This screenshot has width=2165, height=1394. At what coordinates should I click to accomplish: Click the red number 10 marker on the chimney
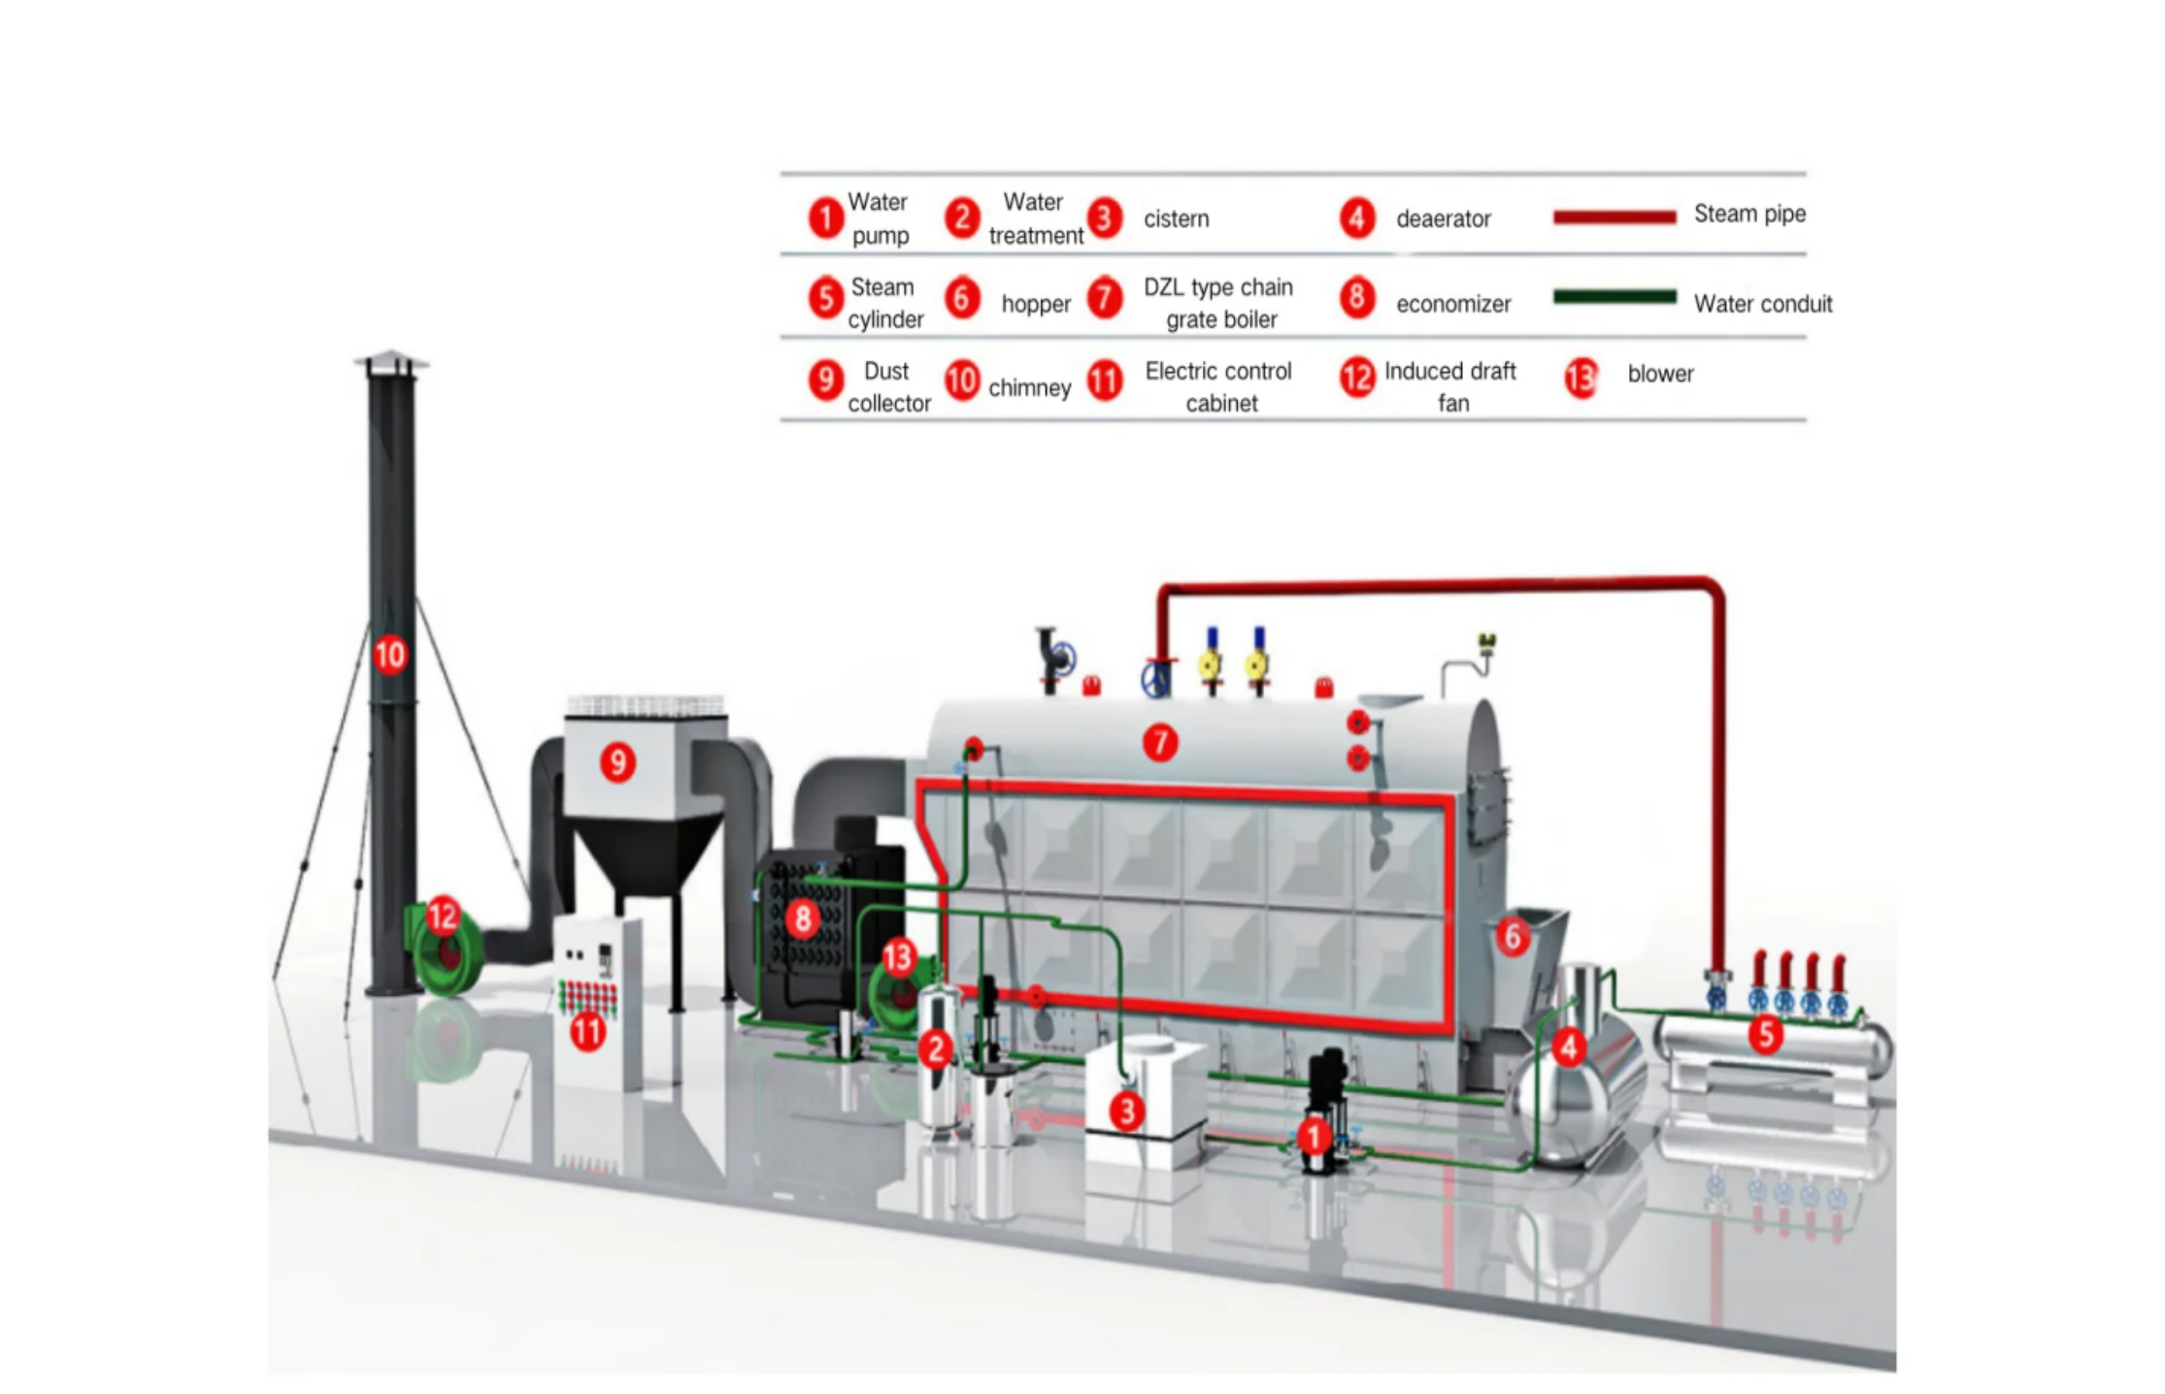pos(389,655)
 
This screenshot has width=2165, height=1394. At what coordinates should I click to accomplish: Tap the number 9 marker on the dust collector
pos(618,762)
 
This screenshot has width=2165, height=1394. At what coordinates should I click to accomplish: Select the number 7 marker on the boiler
pos(1159,743)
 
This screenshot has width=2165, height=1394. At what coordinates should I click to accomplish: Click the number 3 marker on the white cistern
pos(1126,1111)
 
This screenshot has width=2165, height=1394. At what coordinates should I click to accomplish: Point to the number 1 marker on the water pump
pos(1314,1136)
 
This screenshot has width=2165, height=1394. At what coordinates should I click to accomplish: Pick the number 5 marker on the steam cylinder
pos(1766,1035)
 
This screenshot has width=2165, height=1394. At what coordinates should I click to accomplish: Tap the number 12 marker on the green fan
pos(443,915)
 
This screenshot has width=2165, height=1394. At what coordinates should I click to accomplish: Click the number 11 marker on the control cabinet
pos(587,1031)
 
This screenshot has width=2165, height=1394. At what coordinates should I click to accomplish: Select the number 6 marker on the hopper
pos(1512,937)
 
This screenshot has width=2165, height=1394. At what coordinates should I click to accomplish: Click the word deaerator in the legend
pos(1443,219)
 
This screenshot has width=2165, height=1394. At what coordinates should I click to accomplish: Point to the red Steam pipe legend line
pos(1614,216)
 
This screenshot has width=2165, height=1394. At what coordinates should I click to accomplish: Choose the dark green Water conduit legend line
pos(1614,297)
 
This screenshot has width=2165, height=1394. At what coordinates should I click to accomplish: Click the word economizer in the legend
pos(1452,304)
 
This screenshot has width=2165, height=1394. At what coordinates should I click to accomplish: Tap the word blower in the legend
pos(1660,374)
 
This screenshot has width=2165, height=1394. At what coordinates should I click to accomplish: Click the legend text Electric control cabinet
pos(1218,386)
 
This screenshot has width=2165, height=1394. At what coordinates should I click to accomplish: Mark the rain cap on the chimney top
pos(391,361)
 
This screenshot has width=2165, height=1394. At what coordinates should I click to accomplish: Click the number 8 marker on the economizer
pos(802,918)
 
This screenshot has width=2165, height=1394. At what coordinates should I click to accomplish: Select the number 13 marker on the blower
pos(898,958)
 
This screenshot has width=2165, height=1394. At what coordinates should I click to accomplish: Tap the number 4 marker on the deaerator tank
pos(1568,1046)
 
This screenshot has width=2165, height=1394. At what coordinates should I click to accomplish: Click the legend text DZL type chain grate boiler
pos(1218,303)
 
